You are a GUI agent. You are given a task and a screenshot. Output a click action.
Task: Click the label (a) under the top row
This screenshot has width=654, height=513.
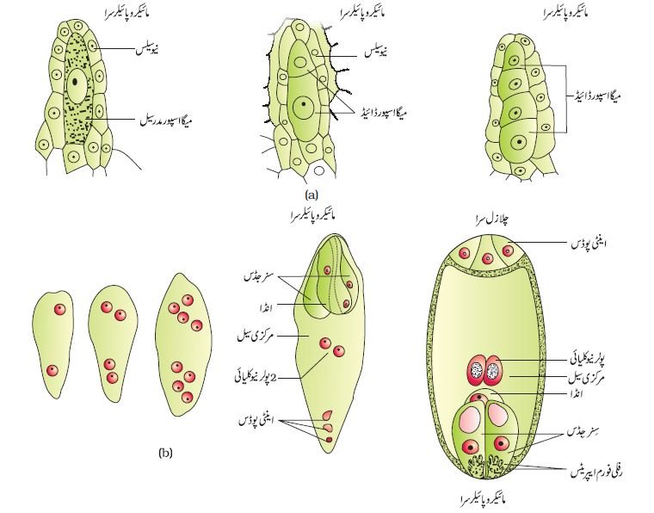312,195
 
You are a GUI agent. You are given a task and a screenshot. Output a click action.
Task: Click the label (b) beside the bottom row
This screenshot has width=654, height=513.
165,453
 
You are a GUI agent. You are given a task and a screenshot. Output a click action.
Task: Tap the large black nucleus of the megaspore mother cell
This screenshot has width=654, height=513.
75,82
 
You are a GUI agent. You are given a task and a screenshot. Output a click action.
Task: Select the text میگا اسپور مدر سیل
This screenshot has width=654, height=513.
165,121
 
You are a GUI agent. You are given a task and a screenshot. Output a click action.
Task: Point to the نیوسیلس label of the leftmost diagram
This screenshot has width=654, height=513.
147,50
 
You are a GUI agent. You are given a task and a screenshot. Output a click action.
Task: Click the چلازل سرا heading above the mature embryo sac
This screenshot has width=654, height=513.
488,219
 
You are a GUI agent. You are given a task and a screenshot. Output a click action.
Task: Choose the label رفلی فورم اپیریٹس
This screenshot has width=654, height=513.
596,473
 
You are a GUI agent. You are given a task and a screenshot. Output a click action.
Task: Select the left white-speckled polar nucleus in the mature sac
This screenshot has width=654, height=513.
476,370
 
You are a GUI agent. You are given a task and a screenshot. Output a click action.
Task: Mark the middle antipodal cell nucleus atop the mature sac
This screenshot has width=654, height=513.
487,259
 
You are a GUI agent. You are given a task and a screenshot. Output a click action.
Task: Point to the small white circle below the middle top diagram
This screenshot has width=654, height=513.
319,170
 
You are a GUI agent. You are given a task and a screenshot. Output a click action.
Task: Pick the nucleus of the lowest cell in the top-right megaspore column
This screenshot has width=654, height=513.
519,142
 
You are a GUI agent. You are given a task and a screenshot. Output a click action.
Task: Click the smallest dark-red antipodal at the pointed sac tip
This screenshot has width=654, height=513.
329,440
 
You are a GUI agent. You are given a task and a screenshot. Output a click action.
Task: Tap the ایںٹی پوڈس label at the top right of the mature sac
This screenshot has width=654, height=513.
589,244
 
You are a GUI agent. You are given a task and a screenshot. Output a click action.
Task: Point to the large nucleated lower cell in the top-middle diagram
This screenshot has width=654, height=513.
304,108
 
